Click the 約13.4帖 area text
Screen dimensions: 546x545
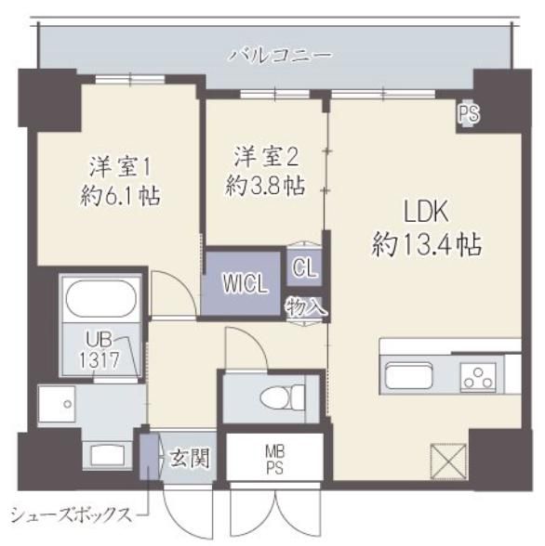pyautogui.click(x=424, y=245)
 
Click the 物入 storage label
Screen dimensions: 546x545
pyautogui.click(x=305, y=305)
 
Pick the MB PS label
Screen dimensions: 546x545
pyautogui.click(x=274, y=459)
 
